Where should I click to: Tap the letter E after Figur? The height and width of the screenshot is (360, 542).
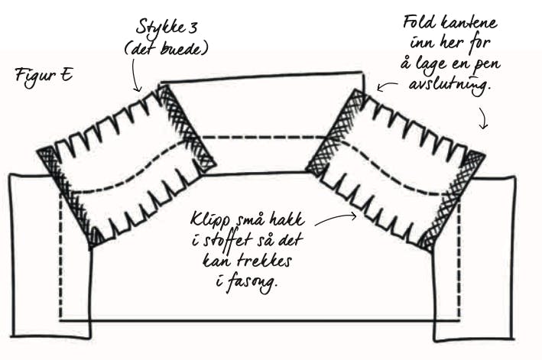pyautogui.click(x=67, y=75)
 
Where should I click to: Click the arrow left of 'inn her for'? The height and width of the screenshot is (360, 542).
pyautogui.click(x=388, y=86)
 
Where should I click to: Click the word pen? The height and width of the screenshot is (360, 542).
pyautogui.click(x=492, y=63)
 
